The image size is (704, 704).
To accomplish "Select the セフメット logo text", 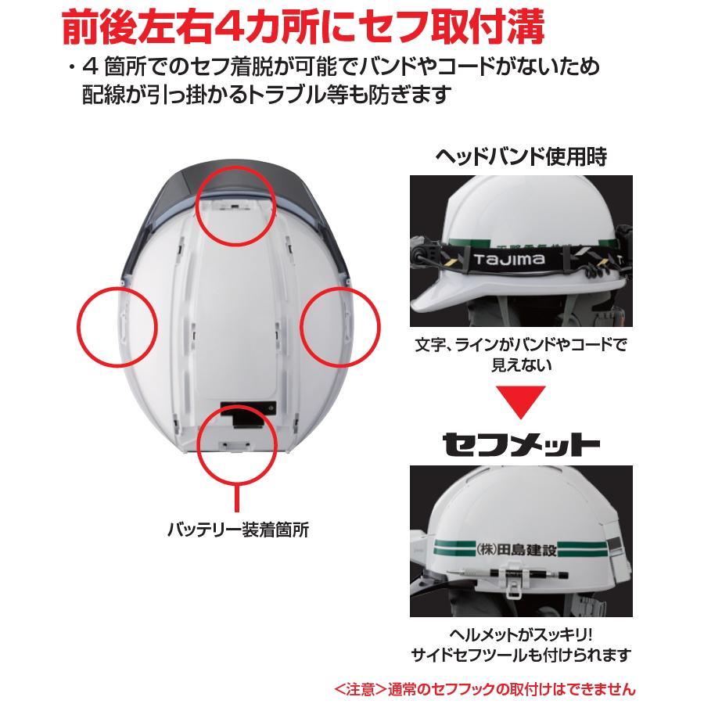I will [521, 444].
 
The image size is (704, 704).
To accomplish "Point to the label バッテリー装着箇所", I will [238, 530].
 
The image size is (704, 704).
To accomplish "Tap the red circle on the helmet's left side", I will [115, 325].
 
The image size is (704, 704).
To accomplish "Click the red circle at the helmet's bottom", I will [236, 444].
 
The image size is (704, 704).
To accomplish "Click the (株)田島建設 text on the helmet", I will [515, 549].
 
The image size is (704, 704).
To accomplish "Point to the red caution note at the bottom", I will [484, 689].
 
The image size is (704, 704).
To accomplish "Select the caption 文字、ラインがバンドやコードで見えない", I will [521, 354].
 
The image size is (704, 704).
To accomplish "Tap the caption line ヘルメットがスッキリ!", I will [521, 634].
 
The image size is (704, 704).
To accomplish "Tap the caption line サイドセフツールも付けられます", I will [521, 656].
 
